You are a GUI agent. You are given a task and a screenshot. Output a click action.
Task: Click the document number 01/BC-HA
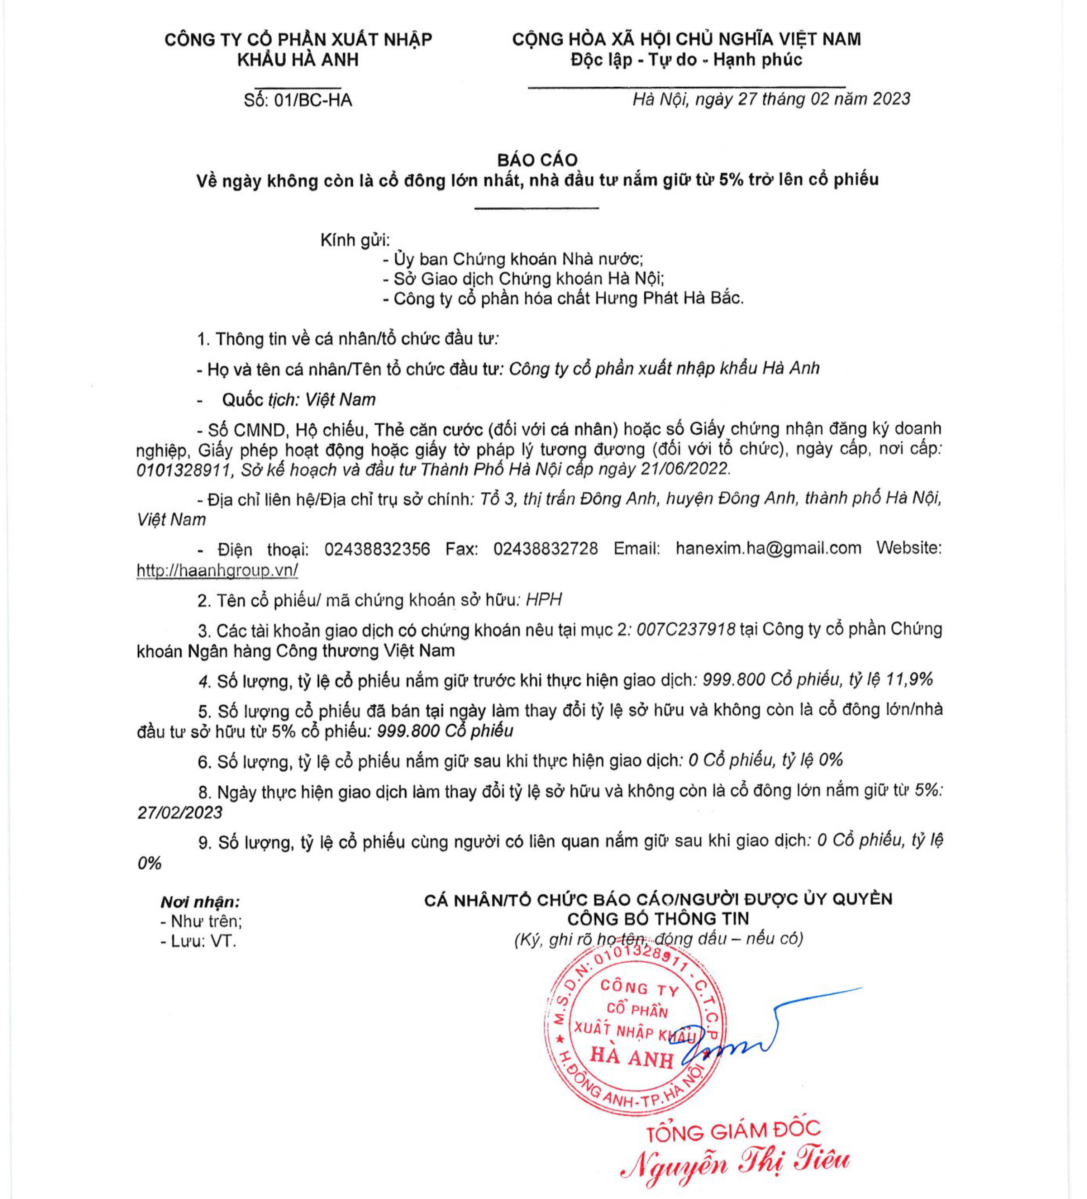point(313,100)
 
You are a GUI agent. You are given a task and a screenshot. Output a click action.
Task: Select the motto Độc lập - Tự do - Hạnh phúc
point(686,60)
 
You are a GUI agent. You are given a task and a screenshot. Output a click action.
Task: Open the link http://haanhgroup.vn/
point(217,570)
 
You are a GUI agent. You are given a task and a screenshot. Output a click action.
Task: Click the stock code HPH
point(544,599)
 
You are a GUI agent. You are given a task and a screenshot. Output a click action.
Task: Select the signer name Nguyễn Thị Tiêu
point(734,1163)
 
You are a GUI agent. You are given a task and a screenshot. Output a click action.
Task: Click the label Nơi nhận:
point(200,902)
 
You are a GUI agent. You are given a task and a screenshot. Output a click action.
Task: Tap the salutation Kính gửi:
point(355,240)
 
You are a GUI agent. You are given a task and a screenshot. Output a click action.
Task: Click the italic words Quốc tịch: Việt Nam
point(298,400)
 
